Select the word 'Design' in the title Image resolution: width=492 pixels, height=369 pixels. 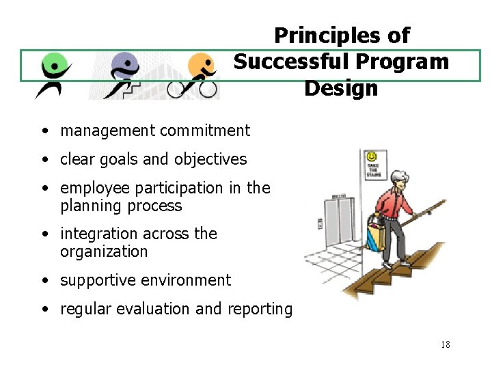pyautogui.click(x=340, y=88)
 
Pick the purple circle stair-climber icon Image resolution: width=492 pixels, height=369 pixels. pyautogui.click(x=123, y=74)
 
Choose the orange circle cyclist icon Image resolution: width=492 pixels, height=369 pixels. pyautogui.click(x=198, y=74)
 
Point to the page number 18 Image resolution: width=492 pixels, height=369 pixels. pyautogui.click(x=445, y=344)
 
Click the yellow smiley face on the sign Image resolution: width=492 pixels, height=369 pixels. pyautogui.click(x=372, y=157)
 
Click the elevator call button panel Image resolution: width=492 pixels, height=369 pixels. pyautogui.click(x=319, y=223)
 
